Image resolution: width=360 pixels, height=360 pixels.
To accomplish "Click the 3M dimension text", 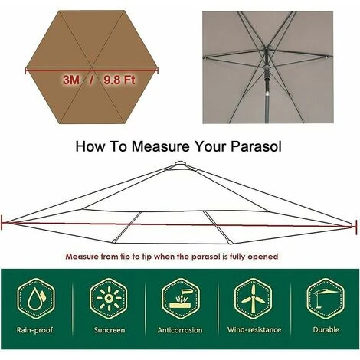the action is coord(71,80).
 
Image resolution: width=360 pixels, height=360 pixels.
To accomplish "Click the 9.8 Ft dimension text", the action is coord(119,80).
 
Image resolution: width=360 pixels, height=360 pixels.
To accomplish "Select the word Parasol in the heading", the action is coord(256,146).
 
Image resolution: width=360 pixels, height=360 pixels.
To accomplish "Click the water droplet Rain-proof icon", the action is coord(36,299).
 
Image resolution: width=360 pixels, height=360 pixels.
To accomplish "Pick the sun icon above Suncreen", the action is coord(108,299).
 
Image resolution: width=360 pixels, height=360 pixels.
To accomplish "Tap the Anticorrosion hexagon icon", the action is coord(181,299).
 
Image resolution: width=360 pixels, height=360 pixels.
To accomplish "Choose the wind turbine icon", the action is coord(253,299).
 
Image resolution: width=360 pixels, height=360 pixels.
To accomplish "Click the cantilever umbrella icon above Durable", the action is coord(326,299).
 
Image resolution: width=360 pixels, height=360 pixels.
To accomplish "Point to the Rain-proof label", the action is coord(34,330).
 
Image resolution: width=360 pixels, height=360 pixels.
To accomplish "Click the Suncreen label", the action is coord(110,330).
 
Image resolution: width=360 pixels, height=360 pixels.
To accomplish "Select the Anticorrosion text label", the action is coord(180,330).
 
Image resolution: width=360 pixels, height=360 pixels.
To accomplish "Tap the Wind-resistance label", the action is coord(254,329).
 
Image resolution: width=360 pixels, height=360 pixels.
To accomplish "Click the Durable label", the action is coord(326,329).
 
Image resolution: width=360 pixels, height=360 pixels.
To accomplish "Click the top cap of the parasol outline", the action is coord(180,163).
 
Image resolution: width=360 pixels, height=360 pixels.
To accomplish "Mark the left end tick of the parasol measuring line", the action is coord(2,222).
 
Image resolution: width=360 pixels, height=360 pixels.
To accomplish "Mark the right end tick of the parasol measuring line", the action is coord(356,226).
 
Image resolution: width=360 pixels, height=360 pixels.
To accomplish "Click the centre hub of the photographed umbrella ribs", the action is coord(266,50).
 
